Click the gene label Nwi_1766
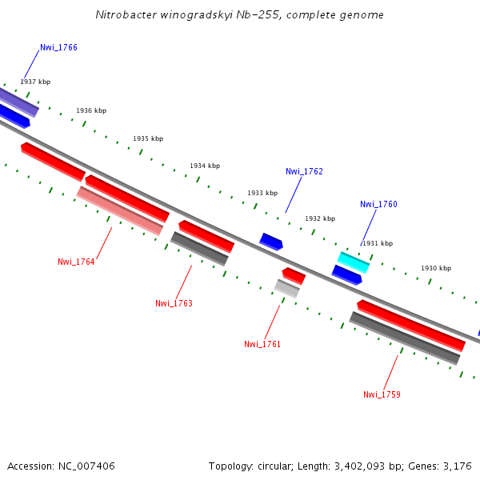tap(58, 47)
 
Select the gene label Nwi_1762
tap(304, 171)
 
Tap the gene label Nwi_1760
tap(378, 204)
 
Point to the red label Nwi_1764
tap(76, 262)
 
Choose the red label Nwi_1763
tap(174, 303)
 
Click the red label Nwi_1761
tap(262, 344)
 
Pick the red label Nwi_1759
tap(382, 394)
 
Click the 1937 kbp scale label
tap(35, 82)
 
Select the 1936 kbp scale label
tap(91, 110)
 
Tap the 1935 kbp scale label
tap(148, 138)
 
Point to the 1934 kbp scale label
tap(204, 166)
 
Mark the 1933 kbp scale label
tap(262, 193)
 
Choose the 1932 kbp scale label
tap(320, 218)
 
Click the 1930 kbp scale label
tap(436, 268)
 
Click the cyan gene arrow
tap(354, 262)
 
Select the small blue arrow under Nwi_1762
tap(271, 242)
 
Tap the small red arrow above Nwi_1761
tap(294, 276)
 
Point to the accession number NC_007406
tap(86, 466)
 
